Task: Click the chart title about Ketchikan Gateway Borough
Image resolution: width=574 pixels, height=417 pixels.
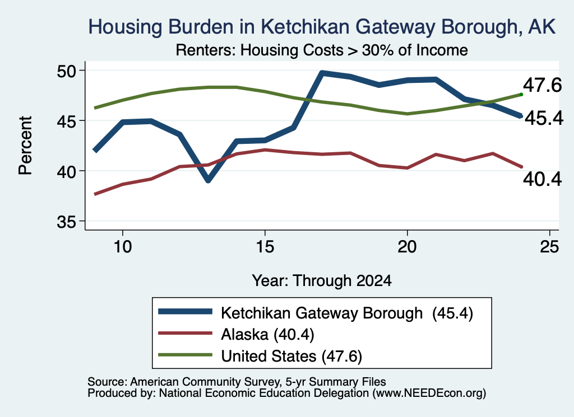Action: (322, 27)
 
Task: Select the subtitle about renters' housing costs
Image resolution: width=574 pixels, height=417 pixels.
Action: (321, 50)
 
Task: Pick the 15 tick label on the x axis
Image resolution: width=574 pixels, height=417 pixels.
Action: (265, 247)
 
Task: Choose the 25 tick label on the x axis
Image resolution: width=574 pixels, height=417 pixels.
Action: (549, 247)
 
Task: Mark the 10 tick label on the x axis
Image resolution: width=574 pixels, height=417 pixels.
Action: (123, 247)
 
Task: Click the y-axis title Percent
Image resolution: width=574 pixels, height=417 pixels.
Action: (25, 146)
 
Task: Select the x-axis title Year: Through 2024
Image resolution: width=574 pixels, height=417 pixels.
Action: (321, 280)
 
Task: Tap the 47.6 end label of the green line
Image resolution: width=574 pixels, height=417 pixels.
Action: (542, 85)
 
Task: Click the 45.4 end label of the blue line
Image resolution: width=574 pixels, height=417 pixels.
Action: (544, 118)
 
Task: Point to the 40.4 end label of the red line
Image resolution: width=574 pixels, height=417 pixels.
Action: (542, 179)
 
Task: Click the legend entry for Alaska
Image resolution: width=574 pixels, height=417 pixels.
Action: (267, 334)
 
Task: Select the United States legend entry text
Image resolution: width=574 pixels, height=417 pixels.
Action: (291, 356)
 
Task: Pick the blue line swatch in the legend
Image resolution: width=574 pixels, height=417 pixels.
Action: (185, 311)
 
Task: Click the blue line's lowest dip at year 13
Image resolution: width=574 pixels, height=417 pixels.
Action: (208, 180)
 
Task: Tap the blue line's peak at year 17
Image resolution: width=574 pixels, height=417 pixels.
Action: (322, 73)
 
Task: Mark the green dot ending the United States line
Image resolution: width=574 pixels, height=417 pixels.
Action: (521, 95)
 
